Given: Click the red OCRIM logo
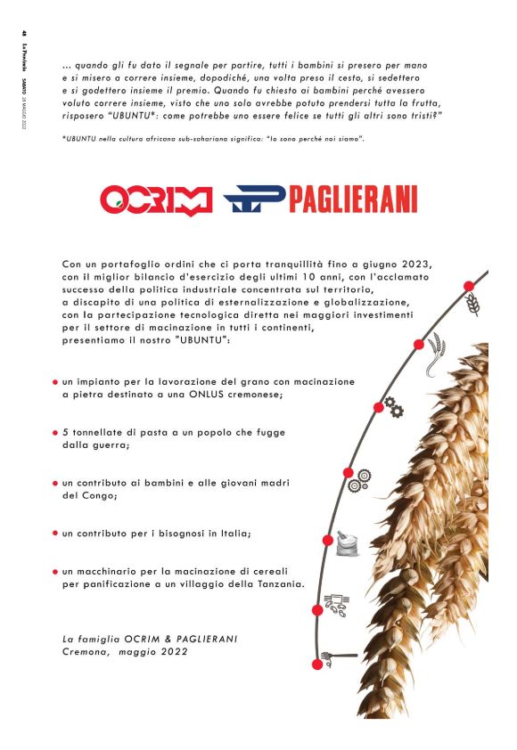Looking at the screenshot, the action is coord(156,200).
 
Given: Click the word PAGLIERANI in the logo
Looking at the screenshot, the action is coord(351,200).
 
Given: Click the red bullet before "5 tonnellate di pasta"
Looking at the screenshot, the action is coord(55,432).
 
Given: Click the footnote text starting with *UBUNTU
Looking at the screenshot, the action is coord(214,141).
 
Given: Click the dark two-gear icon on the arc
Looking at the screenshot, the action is coord(392,409).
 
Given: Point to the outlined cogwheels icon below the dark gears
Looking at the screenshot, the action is coord(360,480).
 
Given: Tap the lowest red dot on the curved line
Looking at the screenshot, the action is coord(316,664).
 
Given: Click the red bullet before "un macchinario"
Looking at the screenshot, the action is coord(55,572).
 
